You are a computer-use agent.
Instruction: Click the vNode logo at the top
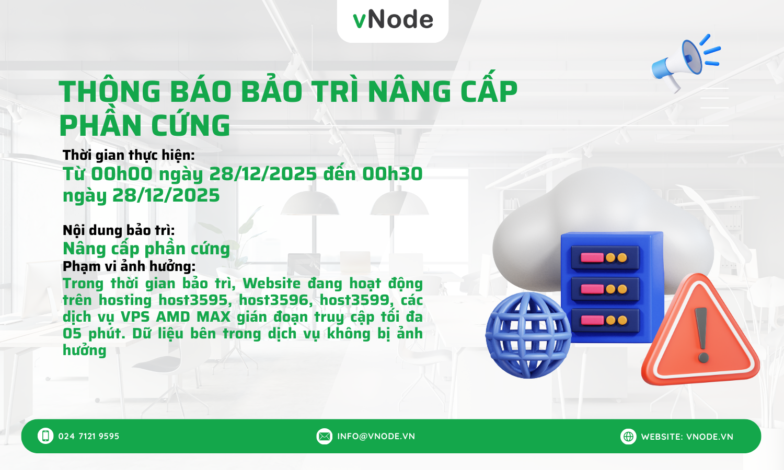393,20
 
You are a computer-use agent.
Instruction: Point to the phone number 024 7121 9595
89,436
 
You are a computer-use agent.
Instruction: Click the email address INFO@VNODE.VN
376,436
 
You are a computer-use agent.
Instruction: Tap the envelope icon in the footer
324,436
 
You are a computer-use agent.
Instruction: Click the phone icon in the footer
45,436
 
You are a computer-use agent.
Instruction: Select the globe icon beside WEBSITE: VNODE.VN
628,436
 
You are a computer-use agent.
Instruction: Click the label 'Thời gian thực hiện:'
129,155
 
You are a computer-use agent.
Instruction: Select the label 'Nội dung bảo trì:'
119,230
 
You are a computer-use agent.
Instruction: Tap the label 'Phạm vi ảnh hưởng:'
129,266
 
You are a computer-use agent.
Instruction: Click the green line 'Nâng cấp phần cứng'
146,249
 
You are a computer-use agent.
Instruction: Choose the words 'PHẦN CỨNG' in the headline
145,125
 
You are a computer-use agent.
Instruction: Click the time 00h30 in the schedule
393,174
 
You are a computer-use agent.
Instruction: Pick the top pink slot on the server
592,257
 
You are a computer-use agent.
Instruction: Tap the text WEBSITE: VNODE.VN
687,437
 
